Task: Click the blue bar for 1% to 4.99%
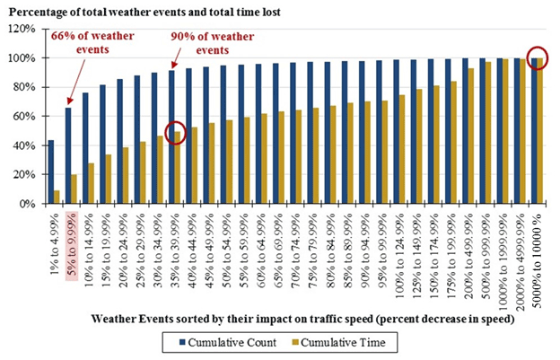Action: [50, 172]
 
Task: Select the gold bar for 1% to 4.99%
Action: [57, 197]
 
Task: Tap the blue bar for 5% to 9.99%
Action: [67, 156]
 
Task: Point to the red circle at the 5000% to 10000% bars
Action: [538, 58]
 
